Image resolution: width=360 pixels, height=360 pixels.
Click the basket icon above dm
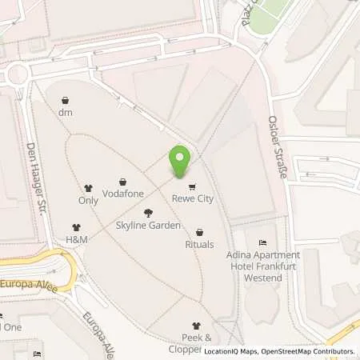(66, 100)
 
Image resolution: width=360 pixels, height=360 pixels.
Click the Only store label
(88, 201)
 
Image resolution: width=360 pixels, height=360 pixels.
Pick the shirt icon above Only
(88, 187)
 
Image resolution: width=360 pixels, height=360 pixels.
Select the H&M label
(77, 240)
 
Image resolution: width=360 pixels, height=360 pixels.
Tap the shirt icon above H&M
(77, 227)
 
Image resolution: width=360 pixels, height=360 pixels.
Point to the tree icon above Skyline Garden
(148, 213)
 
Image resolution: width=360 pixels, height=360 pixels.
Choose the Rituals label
(199, 245)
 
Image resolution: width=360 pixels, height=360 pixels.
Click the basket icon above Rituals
(199, 232)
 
